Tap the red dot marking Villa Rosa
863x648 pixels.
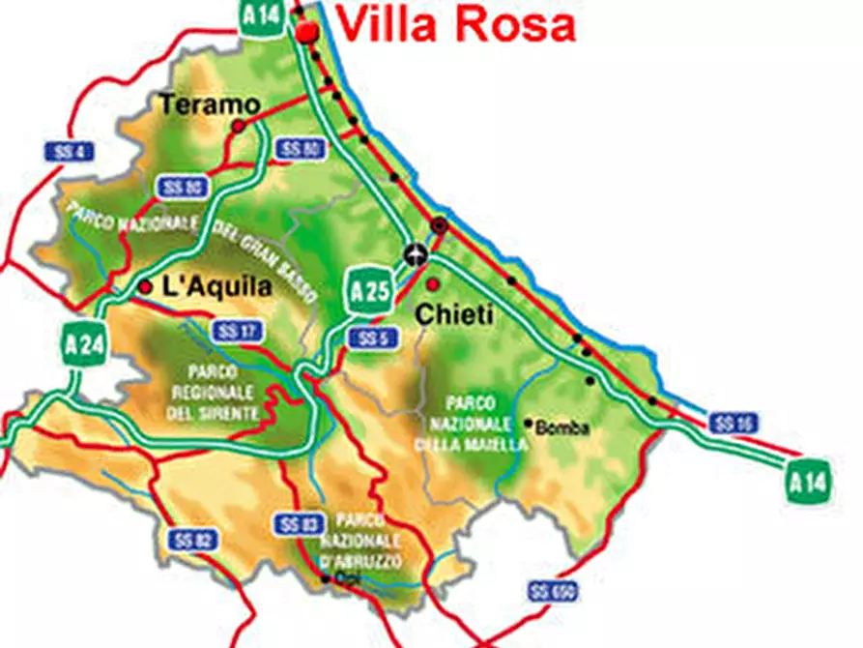(307, 32)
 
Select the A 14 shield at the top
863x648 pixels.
(263, 16)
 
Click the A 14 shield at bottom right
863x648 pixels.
(807, 482)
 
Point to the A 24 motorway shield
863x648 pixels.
(84, 343)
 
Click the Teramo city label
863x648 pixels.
(209, 103)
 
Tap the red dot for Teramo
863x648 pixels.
(238, 126)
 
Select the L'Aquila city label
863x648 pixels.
(217, 287)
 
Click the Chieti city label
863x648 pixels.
(453, 313)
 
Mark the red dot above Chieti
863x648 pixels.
(433, 284)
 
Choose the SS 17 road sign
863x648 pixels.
(237, 332)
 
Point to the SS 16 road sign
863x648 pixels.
(734, 423)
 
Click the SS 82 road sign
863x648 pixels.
(191, 539)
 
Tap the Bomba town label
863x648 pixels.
(561, 427)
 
